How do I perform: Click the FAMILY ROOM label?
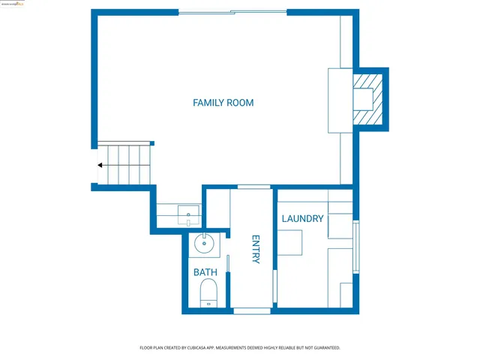[223, 103]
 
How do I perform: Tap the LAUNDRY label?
[302, 219]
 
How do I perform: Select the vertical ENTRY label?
[255, 249]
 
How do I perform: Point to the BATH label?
[205, 272]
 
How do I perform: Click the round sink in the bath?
[203, 244]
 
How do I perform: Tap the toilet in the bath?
[208, 292]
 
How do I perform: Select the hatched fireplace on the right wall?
[368, 99]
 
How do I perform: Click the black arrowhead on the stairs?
[100, 165]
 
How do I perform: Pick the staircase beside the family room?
[124, 164]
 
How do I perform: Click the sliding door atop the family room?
[232, 12]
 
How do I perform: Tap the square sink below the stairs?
[188, 215]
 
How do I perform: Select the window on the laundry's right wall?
[357, 247]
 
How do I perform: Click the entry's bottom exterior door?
[251, 310]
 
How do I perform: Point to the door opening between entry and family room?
[253, 187]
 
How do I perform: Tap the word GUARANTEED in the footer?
[324, 348]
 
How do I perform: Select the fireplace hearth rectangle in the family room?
[339, 100]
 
